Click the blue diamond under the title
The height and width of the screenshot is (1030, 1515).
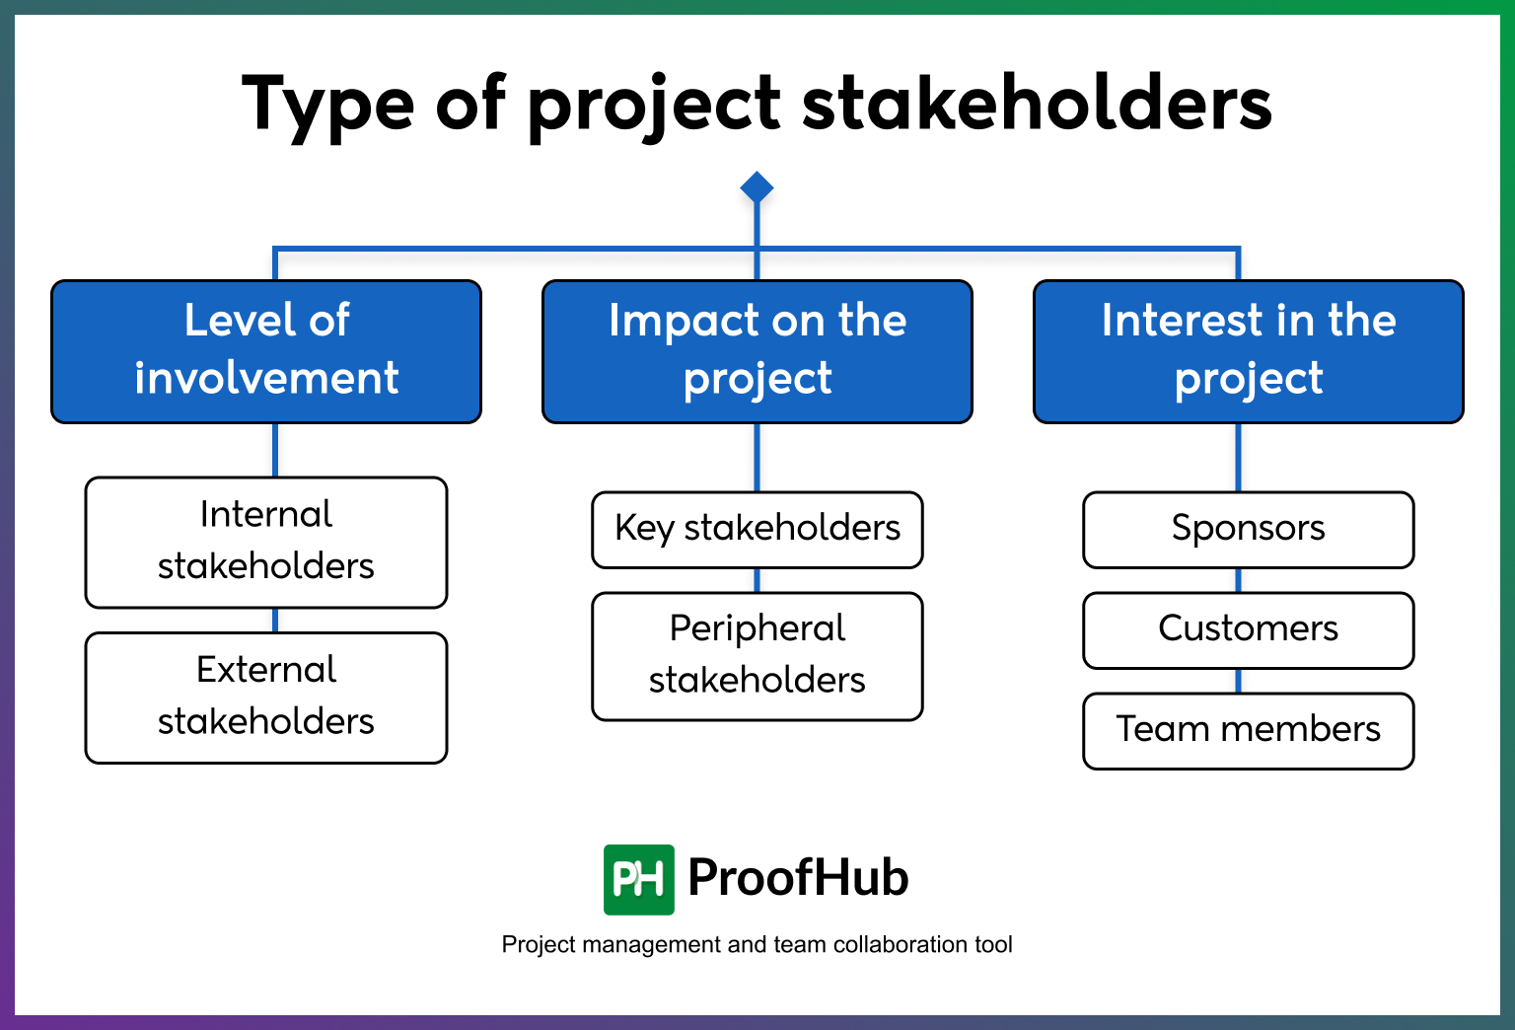pyautogui.click(x=757, y=187)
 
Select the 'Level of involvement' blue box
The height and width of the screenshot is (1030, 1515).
pyautogui.click(x=266, y=351)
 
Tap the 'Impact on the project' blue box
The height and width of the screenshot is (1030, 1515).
pyautogui.click(x=757, y=351)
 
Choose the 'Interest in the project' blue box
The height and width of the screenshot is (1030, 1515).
pyautogui.click(x=1248, y=351)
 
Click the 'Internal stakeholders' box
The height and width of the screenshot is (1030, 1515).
pyautogui.click(x=266, y=542)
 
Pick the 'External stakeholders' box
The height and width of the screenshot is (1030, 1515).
pyautogui.click(x=266, y=697)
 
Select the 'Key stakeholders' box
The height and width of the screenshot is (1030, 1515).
pyautogui.click(x=757, y=530)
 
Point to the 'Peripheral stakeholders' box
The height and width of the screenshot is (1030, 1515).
pyautogui.click(x=757, y=655)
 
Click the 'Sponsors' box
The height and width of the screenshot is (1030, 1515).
pyautogui.click(x=1248, y=530)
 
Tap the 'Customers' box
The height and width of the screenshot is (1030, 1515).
pyautogui.click(x=1248, y=629)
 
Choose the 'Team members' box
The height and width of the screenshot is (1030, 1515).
pyautogui.click(x=1248, y=730)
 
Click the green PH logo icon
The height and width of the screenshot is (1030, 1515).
pyautogui.click(x=638, y=879)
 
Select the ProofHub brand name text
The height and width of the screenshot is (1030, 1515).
pyautogui.click(x=798, y=878)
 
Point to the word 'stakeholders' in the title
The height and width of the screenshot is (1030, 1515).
pyautogui.click(x=1037, y=104)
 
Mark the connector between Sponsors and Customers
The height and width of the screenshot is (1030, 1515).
pyautogui.click(x=1239, y=580)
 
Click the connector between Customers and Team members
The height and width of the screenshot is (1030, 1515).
pyautogui.click(x=1239, y=681)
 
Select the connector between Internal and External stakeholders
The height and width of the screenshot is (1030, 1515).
pyautogui.click(x=275, y=621)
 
